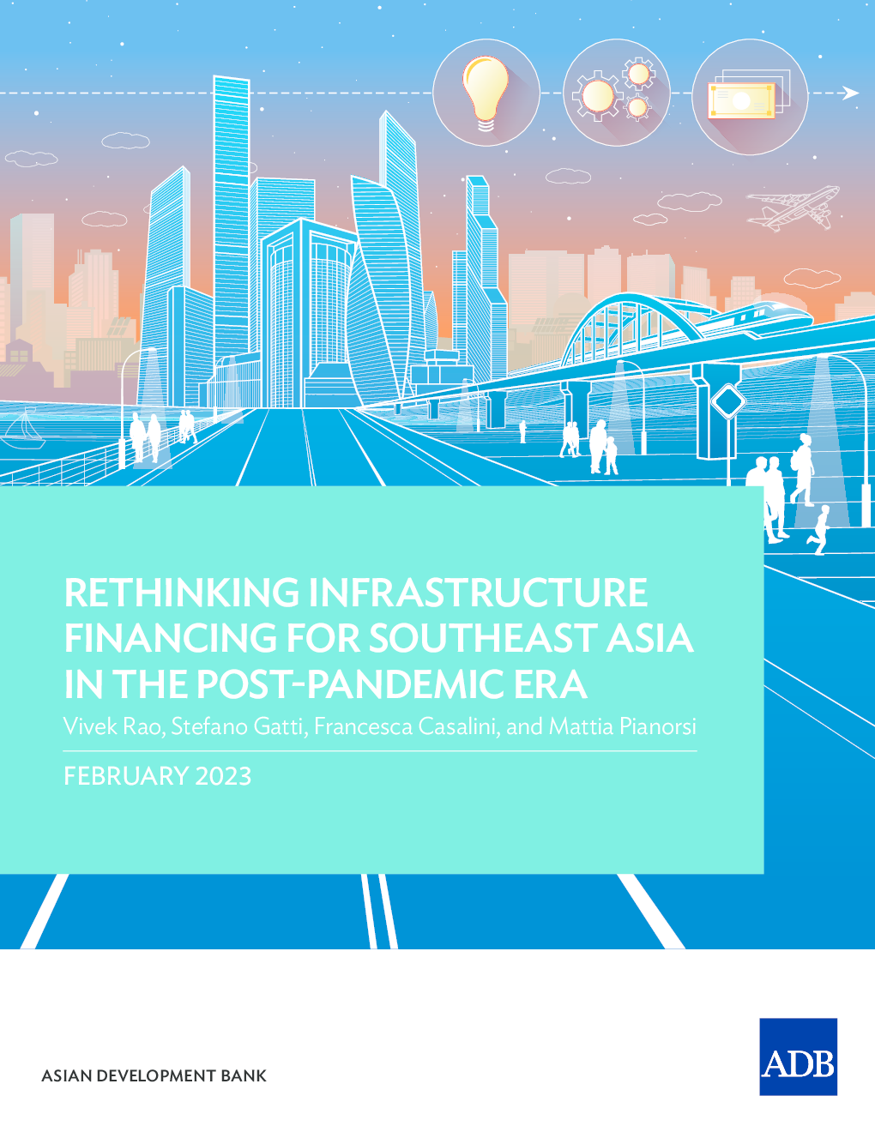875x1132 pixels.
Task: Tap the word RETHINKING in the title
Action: (x=181, y=593)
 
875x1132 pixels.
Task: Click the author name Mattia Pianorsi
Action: (x=622, y=726)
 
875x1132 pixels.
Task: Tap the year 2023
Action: (x=224, y=776)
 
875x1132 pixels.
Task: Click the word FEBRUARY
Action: (x=125, y=776)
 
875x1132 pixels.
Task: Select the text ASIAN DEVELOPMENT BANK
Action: (x=154, y=1075)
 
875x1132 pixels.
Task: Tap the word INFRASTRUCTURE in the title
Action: (x=479, y=593)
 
